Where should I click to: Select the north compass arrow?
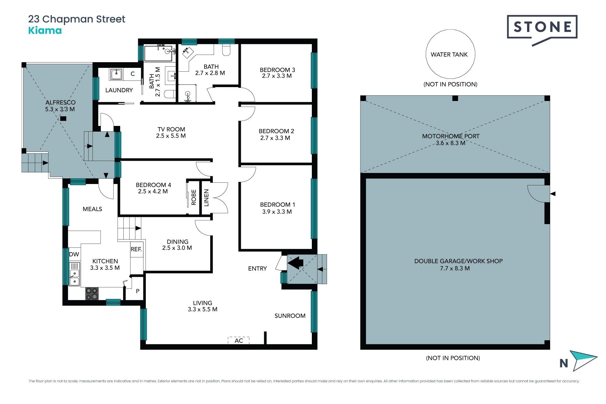click(x=585, y=360)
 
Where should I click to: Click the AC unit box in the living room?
click(x=239, y=340)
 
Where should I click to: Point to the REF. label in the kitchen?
click(x=136, y=249)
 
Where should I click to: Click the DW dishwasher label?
click(x=74, y=254)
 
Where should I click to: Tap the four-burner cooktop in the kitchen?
click(x=92, y=294)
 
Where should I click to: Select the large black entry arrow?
click(x=295, y=263)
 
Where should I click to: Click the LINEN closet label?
click(x=206, y=198)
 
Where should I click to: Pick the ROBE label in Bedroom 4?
click(x=194, y=197)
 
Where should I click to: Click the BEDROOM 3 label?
click(x=277, y=70)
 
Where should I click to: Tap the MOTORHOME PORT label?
click(x=451, y=136)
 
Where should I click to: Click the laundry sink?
click(x=116, y=74)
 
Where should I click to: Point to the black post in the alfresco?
click(x=63, y=119)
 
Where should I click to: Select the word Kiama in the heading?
click(x=45, y=31)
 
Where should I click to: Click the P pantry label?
click(x=138, y=291)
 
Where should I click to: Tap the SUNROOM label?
click(x=290, y=316)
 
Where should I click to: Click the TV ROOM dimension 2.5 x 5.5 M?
click(x=171, y=136)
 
